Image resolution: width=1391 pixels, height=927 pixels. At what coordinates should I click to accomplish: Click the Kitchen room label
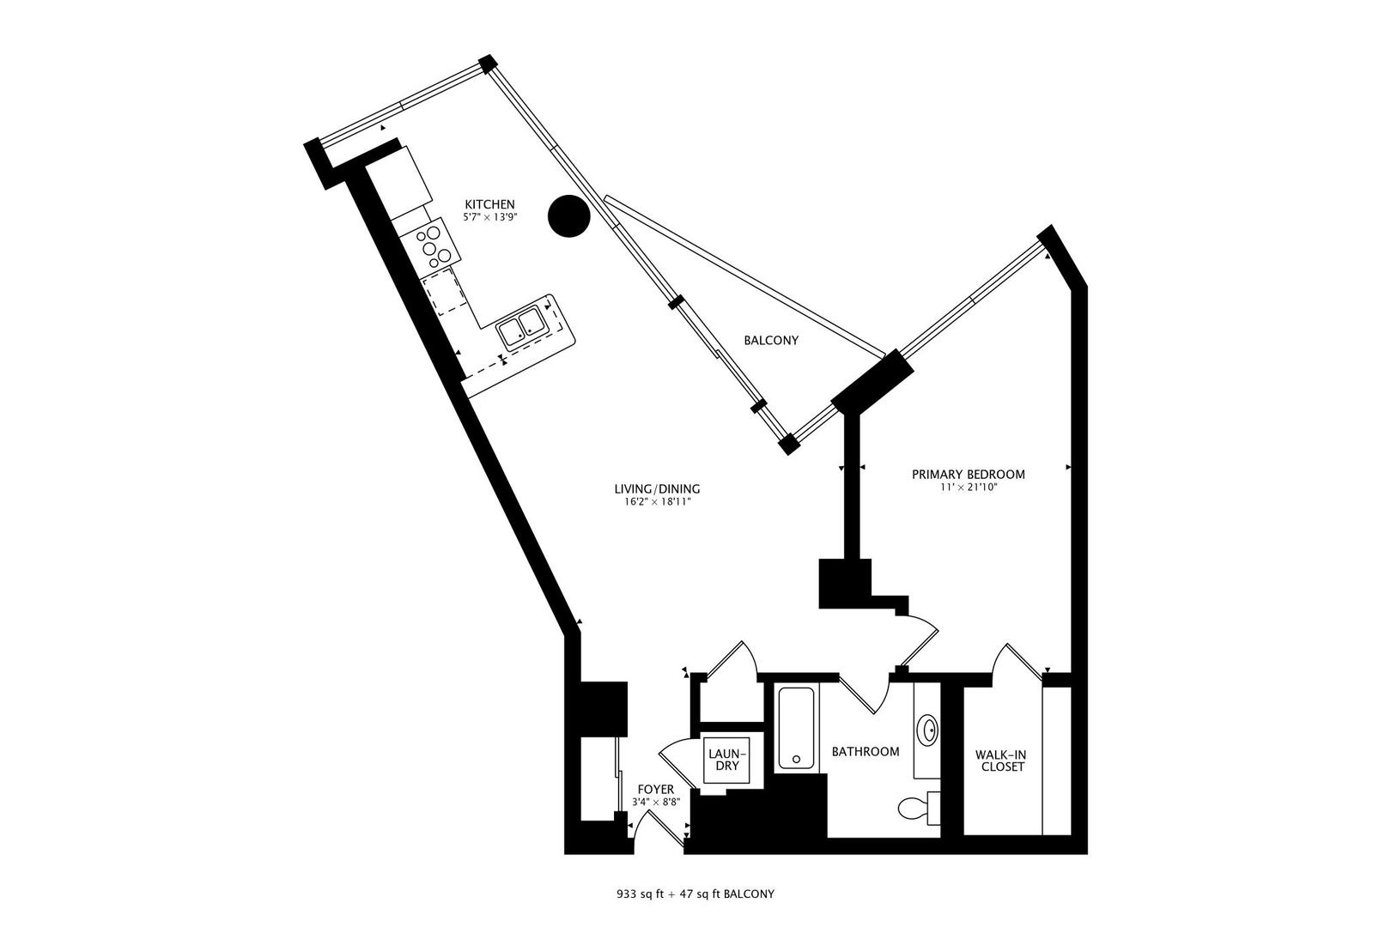(x=489, y=204)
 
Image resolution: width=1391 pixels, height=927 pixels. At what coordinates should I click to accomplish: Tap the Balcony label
(x=770, y=341)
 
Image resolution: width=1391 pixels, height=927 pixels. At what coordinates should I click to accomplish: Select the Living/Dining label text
(x=657, y=489)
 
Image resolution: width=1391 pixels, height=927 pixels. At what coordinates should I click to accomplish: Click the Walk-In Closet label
(x=1000, y=760)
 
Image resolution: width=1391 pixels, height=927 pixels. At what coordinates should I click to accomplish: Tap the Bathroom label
(x=866, y=752)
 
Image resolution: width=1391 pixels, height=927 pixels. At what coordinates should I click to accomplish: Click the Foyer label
(x=655, y=790)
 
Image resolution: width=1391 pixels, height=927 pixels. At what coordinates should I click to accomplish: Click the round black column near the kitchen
(x=568, y=215)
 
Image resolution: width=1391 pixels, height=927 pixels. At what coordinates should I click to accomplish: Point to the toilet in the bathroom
(x=916, y=807)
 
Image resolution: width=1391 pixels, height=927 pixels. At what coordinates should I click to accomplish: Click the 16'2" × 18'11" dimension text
(x=657, y=502)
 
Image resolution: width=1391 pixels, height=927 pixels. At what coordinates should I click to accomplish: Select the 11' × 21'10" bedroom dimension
(x=968, y=488)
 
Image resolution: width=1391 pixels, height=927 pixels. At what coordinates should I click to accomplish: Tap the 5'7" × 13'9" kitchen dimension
(x=489, y=217)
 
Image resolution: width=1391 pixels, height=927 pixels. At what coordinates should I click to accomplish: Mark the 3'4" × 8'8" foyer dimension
(x=655, y=803)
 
